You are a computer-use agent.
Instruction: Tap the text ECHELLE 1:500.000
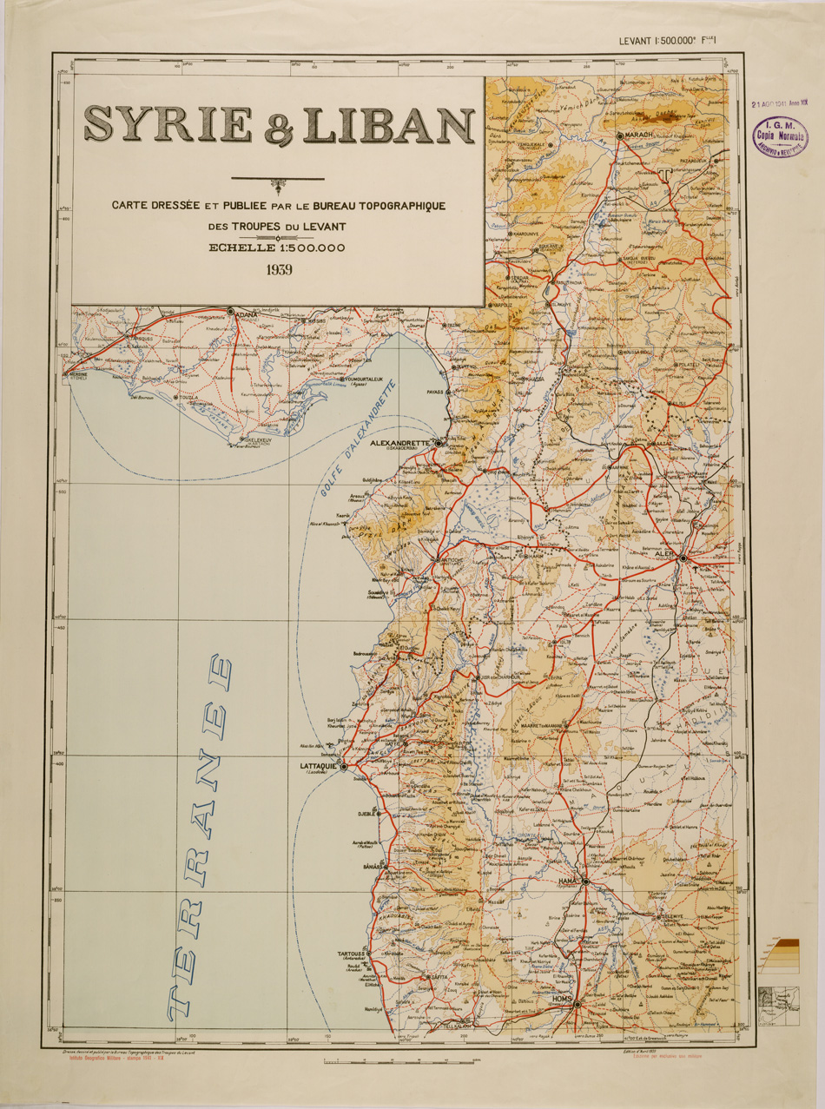point(277,248)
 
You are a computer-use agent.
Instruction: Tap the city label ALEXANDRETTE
point(401,442)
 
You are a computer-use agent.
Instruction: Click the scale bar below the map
point(399,1061)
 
